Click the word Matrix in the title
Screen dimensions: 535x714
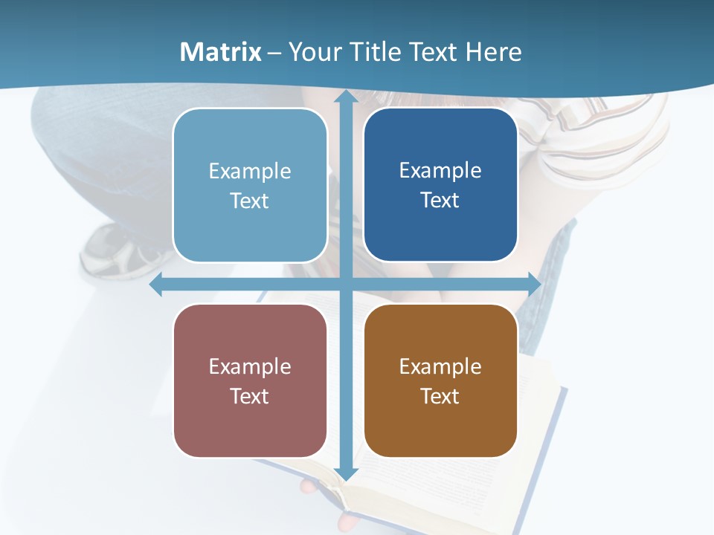click(221, 52)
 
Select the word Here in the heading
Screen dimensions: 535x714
click(493, 52)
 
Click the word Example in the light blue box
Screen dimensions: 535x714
click(250, 172)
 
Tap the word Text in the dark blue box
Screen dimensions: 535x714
click(440, 201)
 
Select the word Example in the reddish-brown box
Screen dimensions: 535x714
click(250, 366)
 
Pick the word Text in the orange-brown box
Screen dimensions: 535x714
click(440, 396)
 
